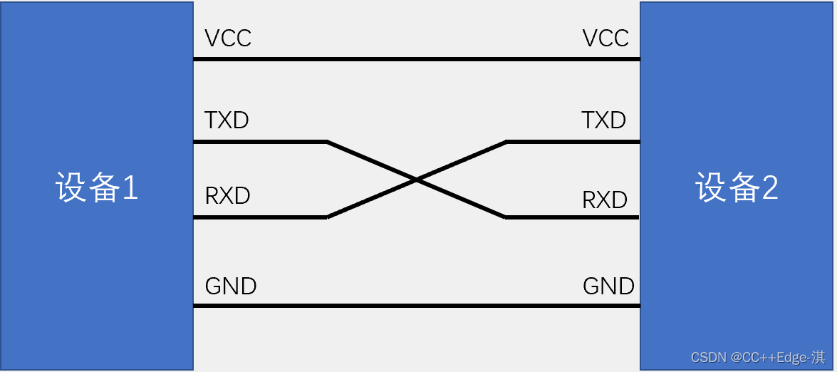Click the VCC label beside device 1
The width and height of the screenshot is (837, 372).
coord(228,38)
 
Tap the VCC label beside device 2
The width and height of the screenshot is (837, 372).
coord(605,38)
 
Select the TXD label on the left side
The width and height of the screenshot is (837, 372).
coord(227,120)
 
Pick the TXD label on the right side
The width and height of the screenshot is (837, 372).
coord(603,120)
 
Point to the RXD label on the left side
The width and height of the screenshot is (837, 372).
coord(227,196)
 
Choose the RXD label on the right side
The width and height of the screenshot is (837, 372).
coord(605,200)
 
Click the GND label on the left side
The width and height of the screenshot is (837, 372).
coord(231,286)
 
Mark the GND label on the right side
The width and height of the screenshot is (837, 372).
coord(608,286)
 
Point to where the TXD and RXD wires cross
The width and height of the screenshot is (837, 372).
coord(416,180)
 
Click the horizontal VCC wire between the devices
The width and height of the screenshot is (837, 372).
coord(416,58)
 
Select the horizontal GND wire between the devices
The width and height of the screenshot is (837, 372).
coord(416,306)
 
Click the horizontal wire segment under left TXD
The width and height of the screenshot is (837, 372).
coord(259,142)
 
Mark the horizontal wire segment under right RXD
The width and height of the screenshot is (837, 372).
coord(572,217)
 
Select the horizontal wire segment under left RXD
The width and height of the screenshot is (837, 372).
coord(259,217)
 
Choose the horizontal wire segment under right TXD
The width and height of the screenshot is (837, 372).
coord(572,142)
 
